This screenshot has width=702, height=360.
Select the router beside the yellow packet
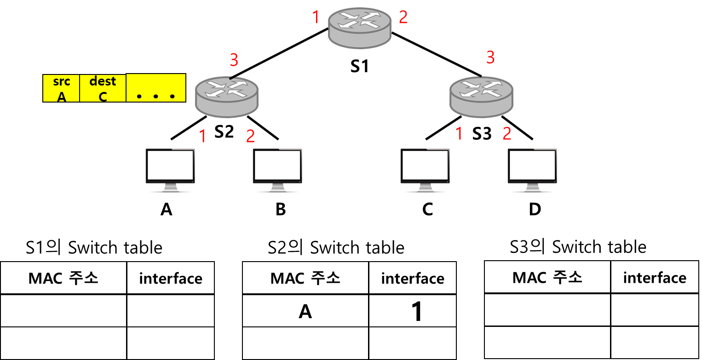point(226,97)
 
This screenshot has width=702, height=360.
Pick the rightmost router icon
point(481,97)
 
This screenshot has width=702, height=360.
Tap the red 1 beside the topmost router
point(316,17)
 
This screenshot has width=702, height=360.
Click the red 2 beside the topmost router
point(403,17)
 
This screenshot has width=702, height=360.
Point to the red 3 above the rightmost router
point(490,57)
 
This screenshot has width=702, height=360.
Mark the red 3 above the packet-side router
point(234,60)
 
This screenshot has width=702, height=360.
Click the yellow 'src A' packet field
point(62,88)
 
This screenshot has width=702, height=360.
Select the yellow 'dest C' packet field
point(103,88)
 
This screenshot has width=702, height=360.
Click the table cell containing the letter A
point(305,312)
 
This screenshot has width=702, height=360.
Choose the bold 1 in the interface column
point(416,312)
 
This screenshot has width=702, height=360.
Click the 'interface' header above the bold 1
point(413,279)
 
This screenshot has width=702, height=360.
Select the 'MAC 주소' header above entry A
point(305,278)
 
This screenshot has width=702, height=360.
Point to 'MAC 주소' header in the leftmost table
point(63,278)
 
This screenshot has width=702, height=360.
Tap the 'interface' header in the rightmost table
point(655,278)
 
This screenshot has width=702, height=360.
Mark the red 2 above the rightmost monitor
point(507,133)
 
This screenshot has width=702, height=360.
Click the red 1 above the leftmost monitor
point(202,136)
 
